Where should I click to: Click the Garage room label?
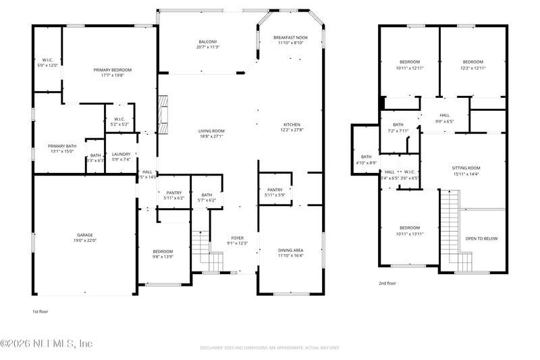pyautogui.click(x=86, y=238)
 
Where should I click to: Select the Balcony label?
pyautogui.click(x=208, y=44)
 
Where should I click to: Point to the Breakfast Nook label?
pyautogui.click(x=291, y=39)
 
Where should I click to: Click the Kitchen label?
pyautogui.click(x=291, y=127)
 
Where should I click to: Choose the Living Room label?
pyautogui.click(x=211, y=133)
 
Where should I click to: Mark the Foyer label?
pyautogui.click(x=238, y=240)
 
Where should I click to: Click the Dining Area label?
pyautogui.click(x=291, y=253)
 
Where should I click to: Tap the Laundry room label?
pyautogui.click(x=121, y=156)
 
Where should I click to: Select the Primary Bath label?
pyautogui.click(x=62, y=149)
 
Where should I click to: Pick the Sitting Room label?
pyautogui.click(x=466, y=171)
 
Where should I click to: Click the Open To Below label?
pyautogui.click(x=482, y=238)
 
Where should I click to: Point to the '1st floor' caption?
pyautogui.click(x=40, y=311)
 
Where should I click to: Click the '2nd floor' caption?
pyautogui.click(x=387, y=283)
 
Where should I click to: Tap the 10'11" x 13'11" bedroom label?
pyautogui.click(x=409, y=230)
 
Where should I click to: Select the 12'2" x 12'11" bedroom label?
pyautogui.click(x=473, y=65)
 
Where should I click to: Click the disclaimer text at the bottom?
pyautogui.click(x=269, y=347)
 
